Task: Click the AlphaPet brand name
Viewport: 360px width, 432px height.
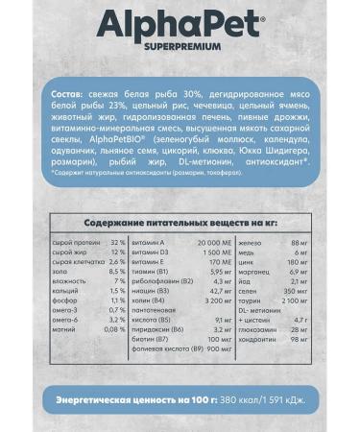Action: tap(180, 28)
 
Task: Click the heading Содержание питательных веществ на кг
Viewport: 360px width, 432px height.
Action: tap(179, 247)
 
